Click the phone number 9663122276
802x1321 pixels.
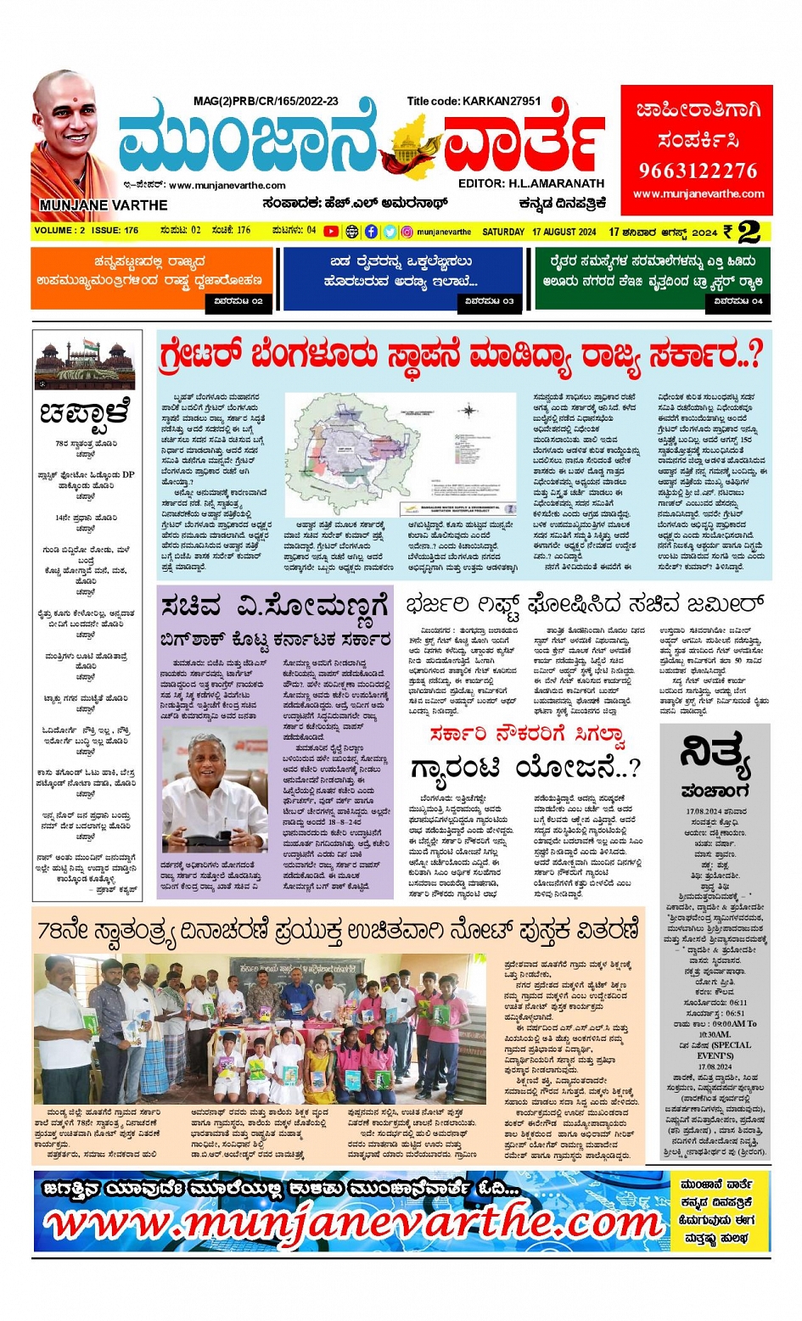[x=698, y=171]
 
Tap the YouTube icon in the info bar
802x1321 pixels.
[x=331, y=232]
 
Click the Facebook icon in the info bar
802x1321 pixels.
[x=371, y=232]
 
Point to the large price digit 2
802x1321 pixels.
[x=749, y=232]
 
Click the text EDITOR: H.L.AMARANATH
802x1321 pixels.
[x=531, y=183]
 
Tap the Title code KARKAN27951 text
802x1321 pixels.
[x=474, y=101]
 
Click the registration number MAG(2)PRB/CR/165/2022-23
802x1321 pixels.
[x=266, y=101]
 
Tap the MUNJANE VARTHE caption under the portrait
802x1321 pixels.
[x=103, y=205]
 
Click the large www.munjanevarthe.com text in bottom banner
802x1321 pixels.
[x=352, y=1223]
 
